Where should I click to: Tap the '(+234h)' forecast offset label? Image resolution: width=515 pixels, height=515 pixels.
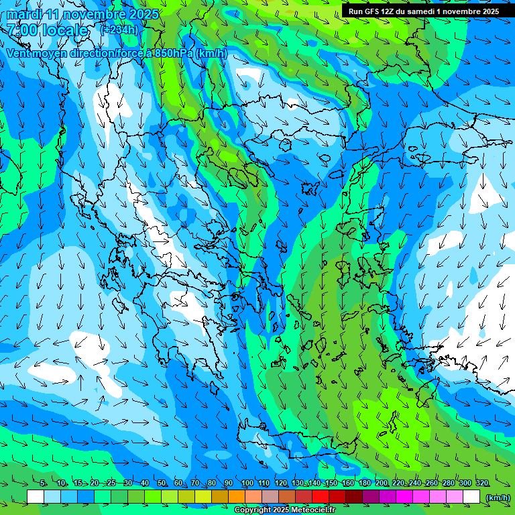click(x=119, y=30)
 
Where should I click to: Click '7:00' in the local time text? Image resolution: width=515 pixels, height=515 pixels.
click(x=22, y=30)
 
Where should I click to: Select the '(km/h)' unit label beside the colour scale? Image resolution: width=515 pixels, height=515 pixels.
click(x=498, y=497)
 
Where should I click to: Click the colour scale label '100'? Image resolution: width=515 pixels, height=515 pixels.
click(x=247, y=483)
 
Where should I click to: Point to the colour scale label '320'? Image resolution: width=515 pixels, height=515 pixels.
click(x=481, y=483)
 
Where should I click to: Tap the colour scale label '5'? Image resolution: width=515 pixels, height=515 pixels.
click(x=42, y=483)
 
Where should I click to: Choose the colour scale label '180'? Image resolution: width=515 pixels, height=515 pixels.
click(x=364, y=483)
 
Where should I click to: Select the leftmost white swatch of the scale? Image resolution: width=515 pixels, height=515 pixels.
click(x=36, y=497)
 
